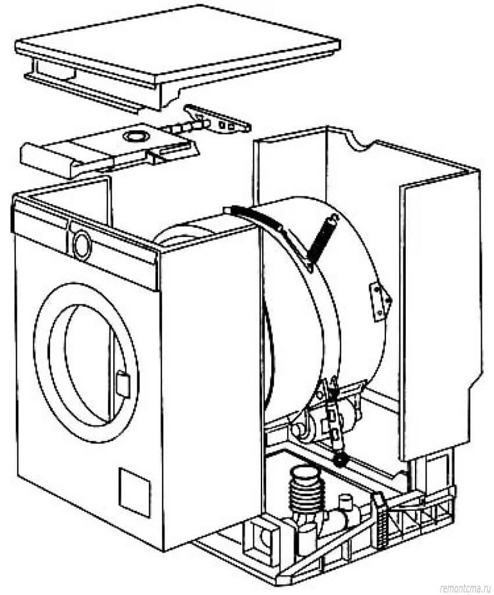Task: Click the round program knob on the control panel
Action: pos(81,244)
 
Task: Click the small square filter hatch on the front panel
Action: pos(135,484)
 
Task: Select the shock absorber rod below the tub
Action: pos(335,421)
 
